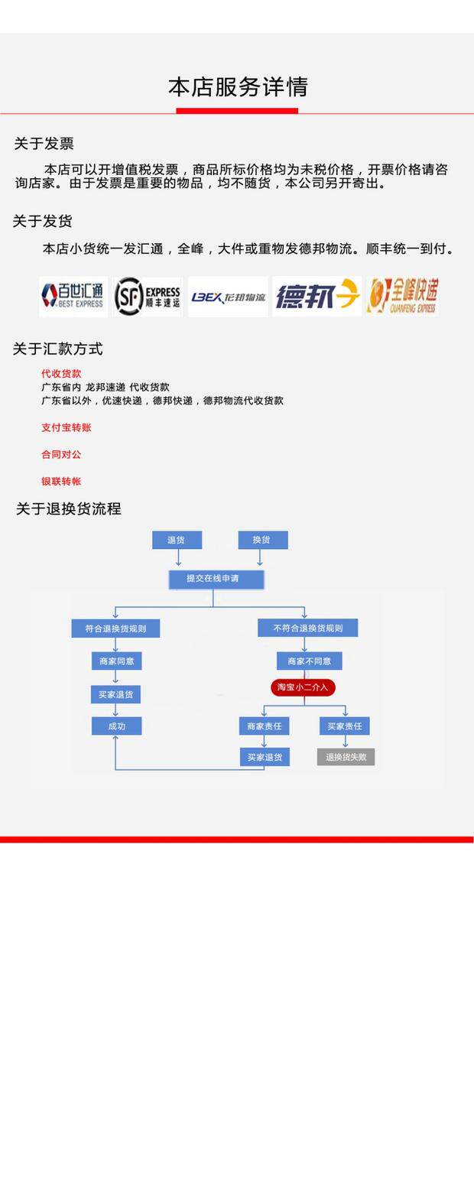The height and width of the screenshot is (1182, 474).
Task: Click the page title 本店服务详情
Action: (238, 87)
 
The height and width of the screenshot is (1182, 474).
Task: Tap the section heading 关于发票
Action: (44, 144)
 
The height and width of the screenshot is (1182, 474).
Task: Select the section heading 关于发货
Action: (42, 222)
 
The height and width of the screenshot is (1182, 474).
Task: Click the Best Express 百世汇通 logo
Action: (73, 296)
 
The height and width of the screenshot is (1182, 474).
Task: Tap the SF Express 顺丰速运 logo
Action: (148, 296)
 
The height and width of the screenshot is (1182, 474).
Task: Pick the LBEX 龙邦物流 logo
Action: (228, 297)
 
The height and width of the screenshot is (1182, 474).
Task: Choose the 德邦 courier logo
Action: (317, 296)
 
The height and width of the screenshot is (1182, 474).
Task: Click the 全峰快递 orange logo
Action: (403, 296)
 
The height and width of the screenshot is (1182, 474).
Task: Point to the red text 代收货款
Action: (61, 374)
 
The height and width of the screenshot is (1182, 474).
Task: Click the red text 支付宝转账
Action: (66, 427)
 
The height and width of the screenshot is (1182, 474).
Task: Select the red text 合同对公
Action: (61, 454)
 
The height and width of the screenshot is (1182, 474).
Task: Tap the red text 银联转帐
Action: (61, 481)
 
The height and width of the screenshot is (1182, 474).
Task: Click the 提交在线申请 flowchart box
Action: (216, 579)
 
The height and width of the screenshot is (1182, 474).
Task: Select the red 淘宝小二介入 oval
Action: (303, 687)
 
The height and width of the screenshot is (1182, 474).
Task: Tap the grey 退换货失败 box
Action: (346, 757)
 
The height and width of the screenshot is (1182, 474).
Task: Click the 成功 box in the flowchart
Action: (116, 726)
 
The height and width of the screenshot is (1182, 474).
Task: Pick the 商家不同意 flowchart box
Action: (309, 661)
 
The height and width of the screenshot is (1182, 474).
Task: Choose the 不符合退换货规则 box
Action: (307, 628)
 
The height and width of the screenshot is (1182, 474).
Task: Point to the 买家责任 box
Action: (344, 726)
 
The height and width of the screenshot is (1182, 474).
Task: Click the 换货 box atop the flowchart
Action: (262, 540)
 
